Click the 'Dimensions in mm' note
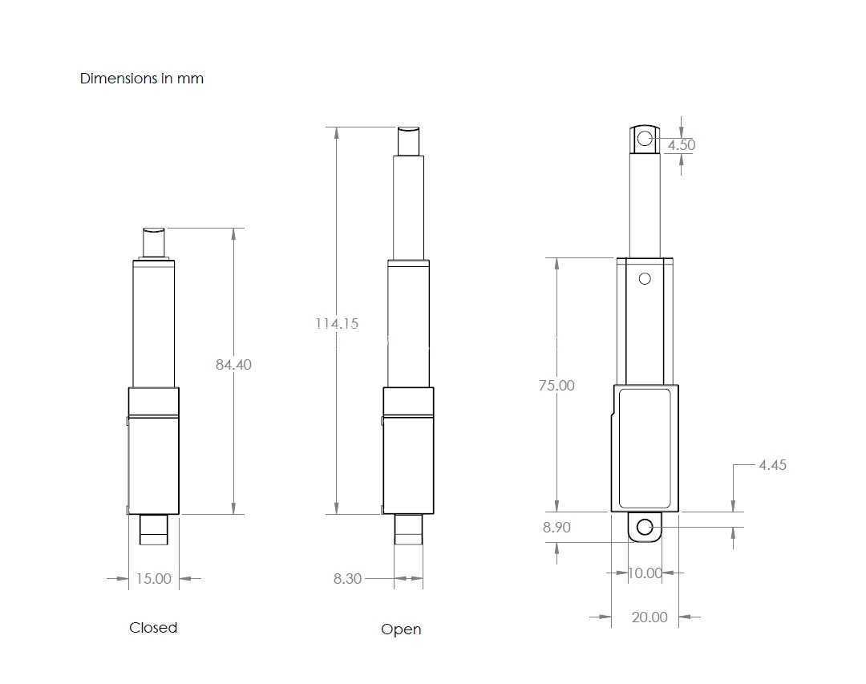[x=142, y=79]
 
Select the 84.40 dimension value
[x=233, y=365]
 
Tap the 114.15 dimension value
[x=337, y=323]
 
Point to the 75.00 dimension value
[x=556, y=385]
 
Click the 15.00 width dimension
[x=153, y=578]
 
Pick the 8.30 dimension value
[x=347, y=578]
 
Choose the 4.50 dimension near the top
[x=682, y=145]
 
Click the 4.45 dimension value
[x=773, y=465]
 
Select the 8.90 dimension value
[x=556, y=527]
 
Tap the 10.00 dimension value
[x=645, y=573]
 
